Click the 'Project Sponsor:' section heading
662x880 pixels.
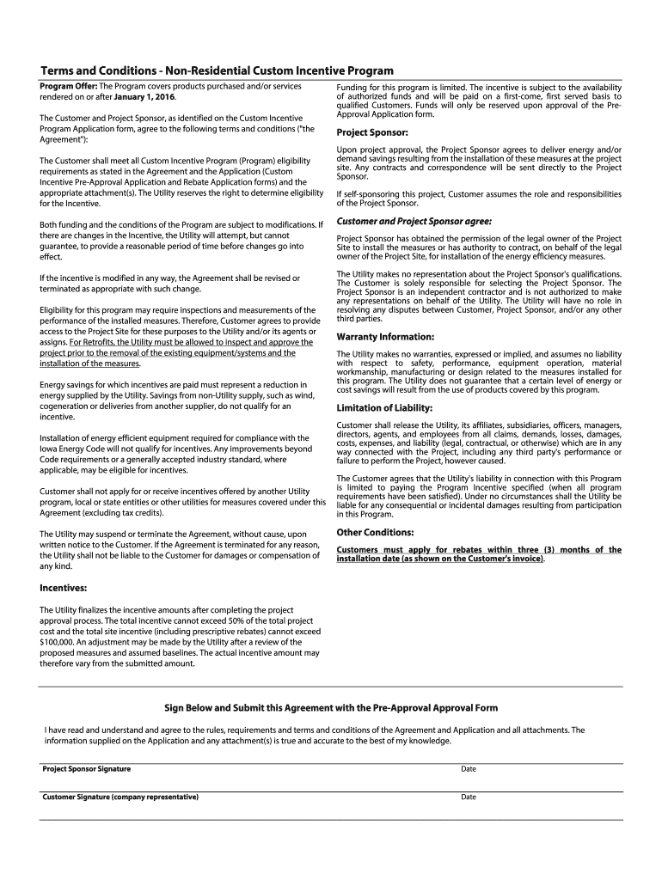click(371, 132)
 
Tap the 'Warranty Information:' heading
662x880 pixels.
click(385, 336)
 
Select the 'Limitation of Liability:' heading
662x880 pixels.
click(384, 407)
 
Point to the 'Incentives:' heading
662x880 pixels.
click(64, 588)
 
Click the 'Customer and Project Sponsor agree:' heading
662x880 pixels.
click(414, 221)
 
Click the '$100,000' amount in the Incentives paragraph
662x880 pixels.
click(58, 641)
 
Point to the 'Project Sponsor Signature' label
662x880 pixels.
click(87, 768)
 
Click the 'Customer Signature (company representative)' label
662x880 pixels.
click(120, 797)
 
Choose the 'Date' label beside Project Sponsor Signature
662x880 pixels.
click(469, 769)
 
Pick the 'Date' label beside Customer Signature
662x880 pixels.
click(469, 797)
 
